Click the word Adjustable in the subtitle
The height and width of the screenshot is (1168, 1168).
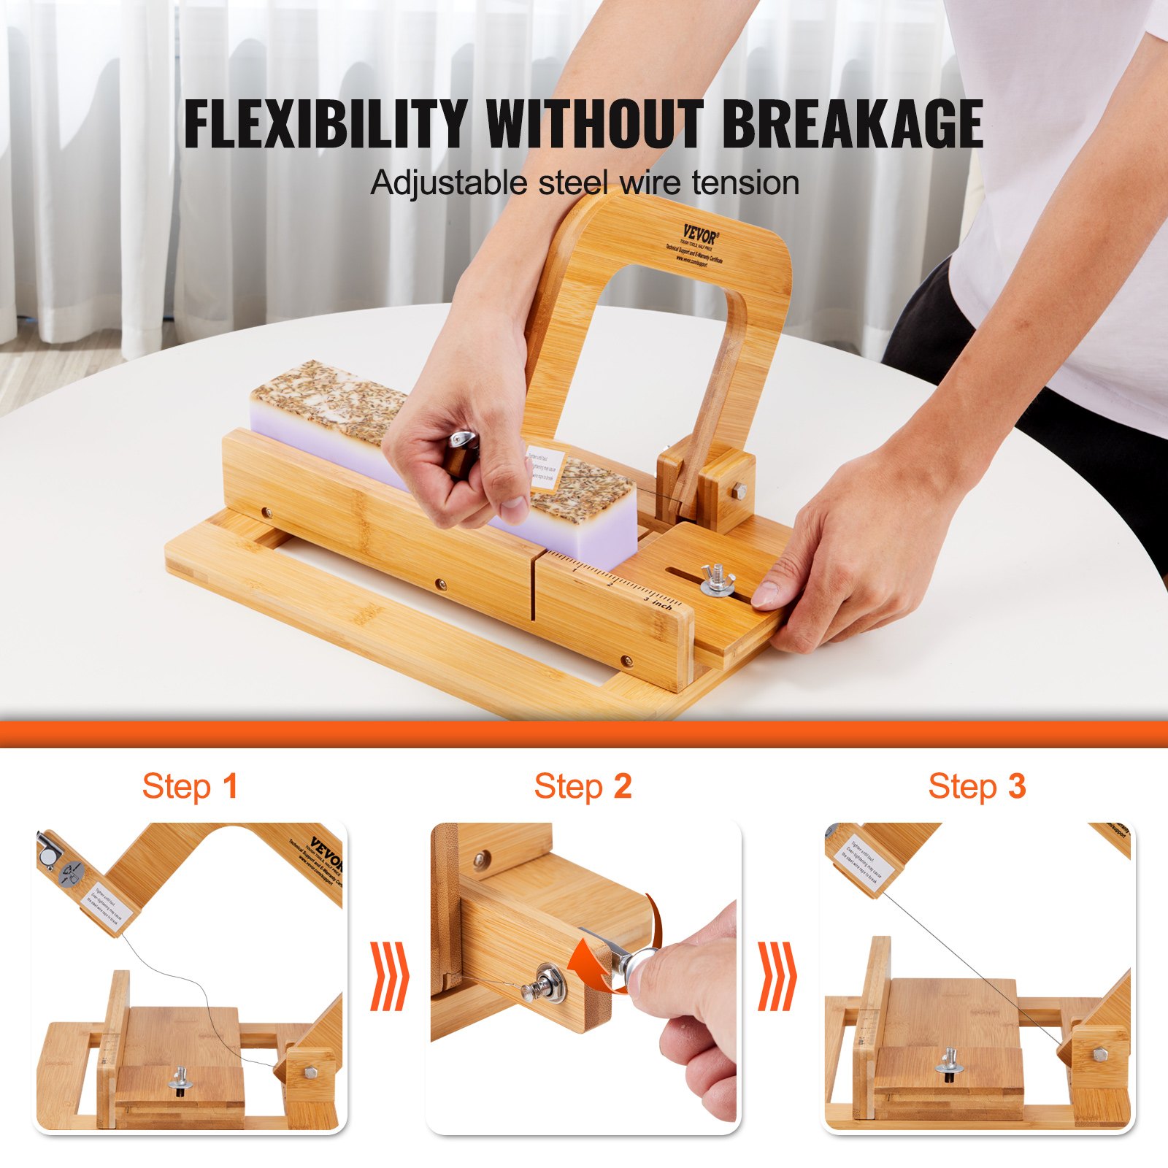[x=448, y=182]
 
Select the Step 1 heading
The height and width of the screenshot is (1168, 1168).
[x=190, y=786]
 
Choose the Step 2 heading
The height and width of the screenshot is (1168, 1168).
[x=583, y=786]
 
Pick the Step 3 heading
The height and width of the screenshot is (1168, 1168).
[x=977, y=786]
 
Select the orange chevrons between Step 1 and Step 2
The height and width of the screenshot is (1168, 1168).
[x=388, y=976]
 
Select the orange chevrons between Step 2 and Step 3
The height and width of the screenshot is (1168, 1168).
[x=777, y=976]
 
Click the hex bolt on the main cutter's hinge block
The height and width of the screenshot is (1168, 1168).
[x=739, y=492]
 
